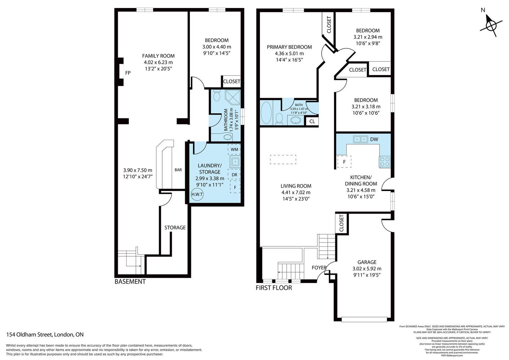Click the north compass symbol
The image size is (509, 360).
(491, 25)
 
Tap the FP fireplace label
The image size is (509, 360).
(128, 73)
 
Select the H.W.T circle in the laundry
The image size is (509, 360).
(197, 194)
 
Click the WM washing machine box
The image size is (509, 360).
(234, 149)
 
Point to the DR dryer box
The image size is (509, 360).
(234, 175)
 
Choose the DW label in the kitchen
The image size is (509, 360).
(374, 139)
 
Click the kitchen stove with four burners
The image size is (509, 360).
(385, 162)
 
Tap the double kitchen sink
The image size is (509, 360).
(360, 139)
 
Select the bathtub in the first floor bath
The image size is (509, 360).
(266, 113)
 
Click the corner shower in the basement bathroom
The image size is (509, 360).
(233, 97)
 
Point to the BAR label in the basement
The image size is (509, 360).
(178, 170)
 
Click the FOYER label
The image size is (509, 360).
(319, 267)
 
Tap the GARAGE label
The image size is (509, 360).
(367, 262)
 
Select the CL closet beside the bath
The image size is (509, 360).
(312, 122)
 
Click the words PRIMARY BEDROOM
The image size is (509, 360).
(289, 47)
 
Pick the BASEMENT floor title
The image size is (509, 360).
(130, 282)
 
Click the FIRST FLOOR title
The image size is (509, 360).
(274, 288)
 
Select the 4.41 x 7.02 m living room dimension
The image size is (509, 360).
(296, 192)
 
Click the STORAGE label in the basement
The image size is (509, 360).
(175, 228)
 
